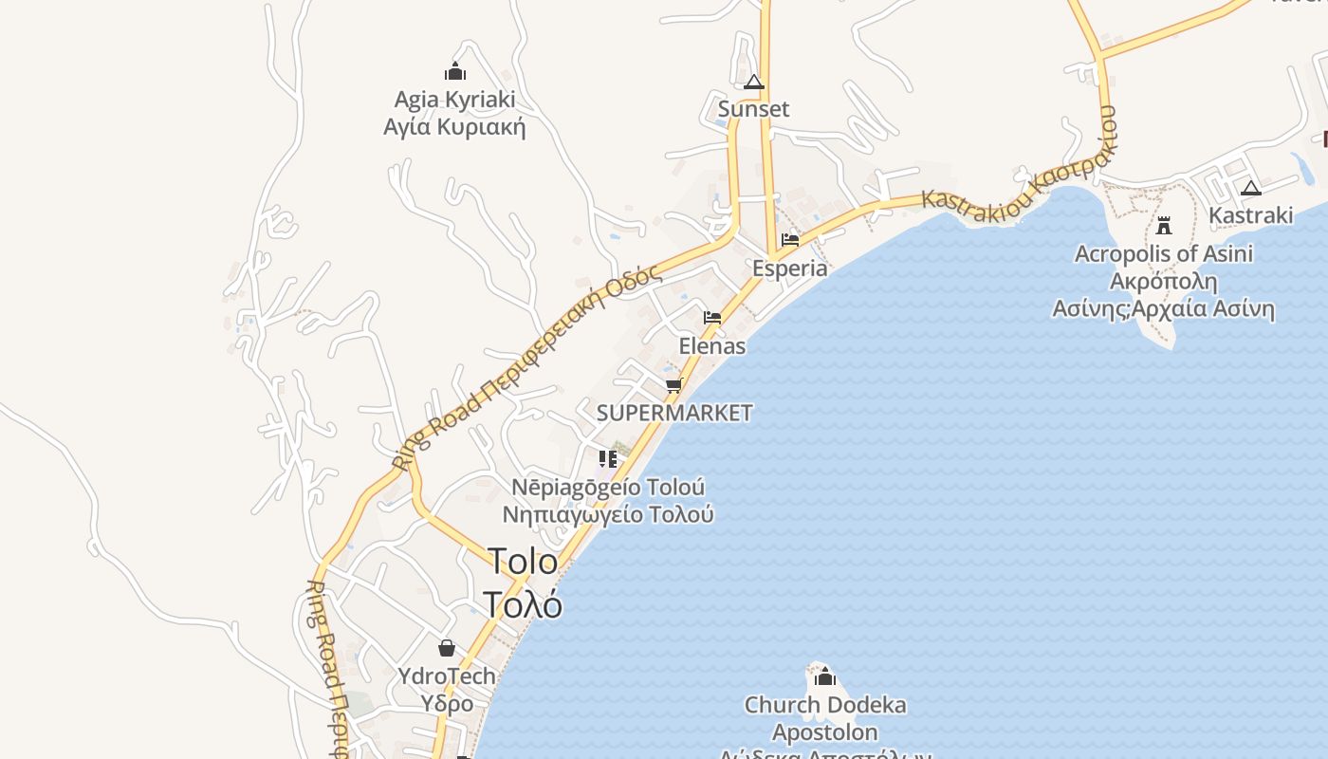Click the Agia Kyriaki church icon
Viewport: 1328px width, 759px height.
[455, 71]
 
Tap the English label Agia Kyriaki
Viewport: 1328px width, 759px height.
[454, 100]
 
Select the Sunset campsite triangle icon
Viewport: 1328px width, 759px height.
[754, 83]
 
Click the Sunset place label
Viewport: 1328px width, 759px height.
[753, 109]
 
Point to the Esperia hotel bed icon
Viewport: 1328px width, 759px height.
[790, 240]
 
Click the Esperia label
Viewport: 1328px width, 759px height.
[789, 268]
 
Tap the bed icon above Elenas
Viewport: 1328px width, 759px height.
[712, 318]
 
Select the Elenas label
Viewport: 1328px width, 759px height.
[712, 346]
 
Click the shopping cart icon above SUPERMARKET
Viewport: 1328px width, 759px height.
[674, 385]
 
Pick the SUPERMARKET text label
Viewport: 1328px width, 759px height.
[674, 413]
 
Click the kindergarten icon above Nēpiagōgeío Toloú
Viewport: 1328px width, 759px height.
[608, 459]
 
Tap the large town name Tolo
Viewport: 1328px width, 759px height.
[523, 561]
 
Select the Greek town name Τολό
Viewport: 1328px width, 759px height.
[523, 603]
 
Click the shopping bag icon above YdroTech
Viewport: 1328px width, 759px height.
[447, 648]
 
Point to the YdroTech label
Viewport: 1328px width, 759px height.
[447, 676]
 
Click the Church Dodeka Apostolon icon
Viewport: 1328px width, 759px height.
[825, 676]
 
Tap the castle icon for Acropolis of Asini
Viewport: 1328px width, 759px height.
[1164, 226]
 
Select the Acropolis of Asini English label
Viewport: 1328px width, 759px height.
[1164, 254]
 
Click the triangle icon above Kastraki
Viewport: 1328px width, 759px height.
[1251, 188]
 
